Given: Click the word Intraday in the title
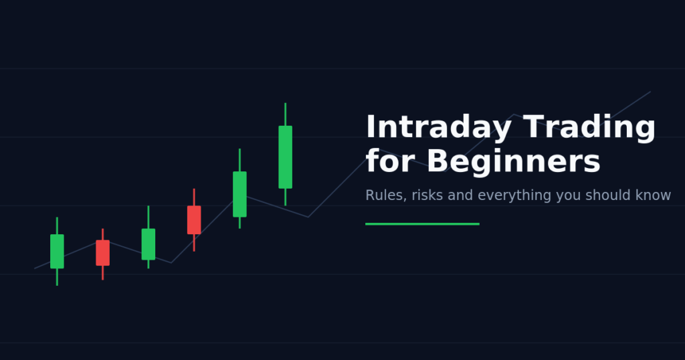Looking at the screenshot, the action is click(439, 127).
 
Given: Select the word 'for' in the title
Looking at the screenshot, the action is click(390, 161).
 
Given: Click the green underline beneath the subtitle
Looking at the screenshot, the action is click(423, 224).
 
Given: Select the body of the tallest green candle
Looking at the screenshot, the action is click(285, 157).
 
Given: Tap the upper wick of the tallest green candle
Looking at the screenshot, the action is click(285, 114).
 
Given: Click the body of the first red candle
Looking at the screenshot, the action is click(102, 253).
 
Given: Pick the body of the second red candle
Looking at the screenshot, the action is click(194, 219).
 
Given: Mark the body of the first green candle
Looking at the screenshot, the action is click(58, 251).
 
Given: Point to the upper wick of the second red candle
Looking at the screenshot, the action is click(194, 197).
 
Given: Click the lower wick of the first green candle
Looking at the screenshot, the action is click(58, 277).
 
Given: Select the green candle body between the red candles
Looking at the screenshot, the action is click(149, 244).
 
